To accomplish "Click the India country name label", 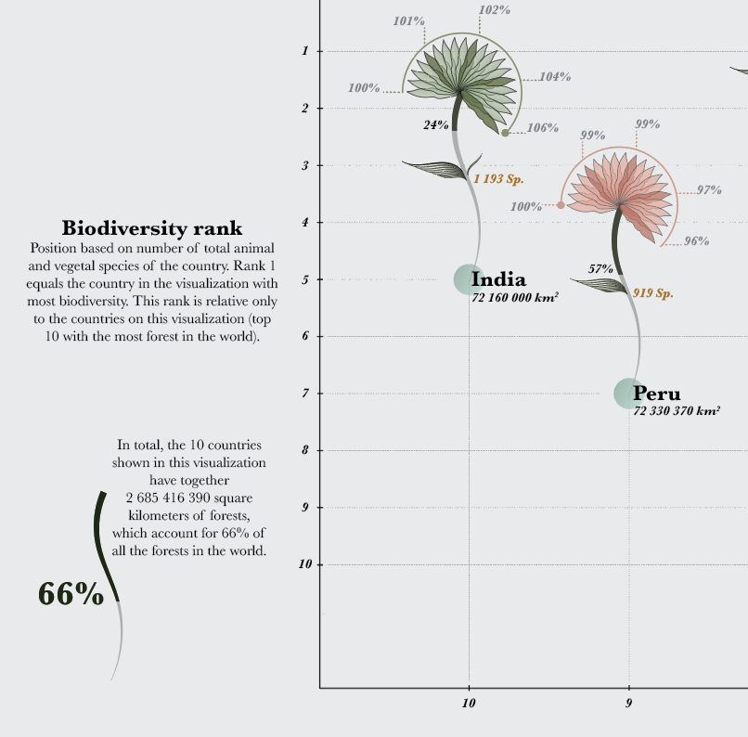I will [x=498, y=278].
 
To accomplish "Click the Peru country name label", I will [x=657, y=393].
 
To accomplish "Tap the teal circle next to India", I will [x=468, y=278].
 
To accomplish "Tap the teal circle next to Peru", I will [x=628, y=393].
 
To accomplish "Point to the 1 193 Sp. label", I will [x=498, y=178].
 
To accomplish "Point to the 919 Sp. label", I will [x=652, y=293].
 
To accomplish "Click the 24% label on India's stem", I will [x=436, y=124].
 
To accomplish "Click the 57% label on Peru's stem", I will [x=600, y=269].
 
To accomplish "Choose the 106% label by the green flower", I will [x=542, y=128].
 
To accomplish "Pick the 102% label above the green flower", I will [x=494, y=9].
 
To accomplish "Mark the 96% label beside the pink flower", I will [x=696, y=241].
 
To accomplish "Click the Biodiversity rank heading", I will [x=152, y=227].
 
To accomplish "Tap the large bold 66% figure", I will [x=71, y=594].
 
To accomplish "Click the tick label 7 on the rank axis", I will [x=305, y=394].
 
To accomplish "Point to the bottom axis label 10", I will [x=469, y=704].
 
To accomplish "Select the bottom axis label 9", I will [x=628, y=704].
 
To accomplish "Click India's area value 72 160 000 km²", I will [x=514, y=298].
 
